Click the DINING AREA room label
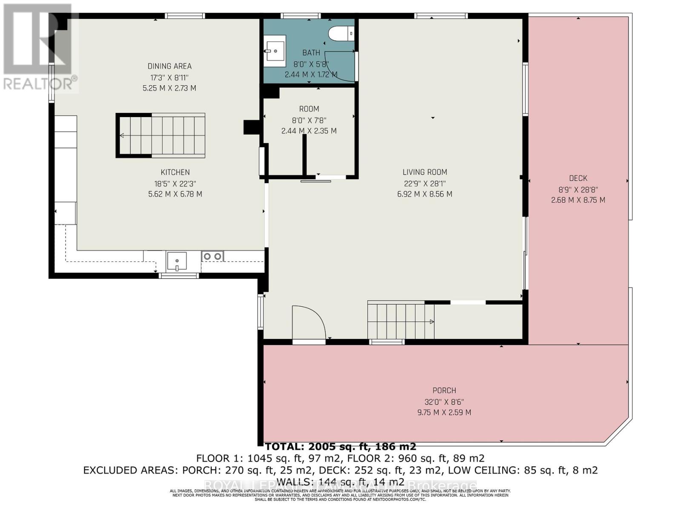coord(169,66)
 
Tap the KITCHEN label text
coord(175,172)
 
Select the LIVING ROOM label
coord(425,172)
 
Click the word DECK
coord(578,178)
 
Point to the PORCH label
coord(444,390)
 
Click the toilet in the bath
coord(343,33)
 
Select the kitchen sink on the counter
coord(177,261)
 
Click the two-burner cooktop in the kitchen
coord(212,256)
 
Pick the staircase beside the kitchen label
coord(161,135)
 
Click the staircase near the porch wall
coord(400,320)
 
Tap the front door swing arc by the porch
coord(309,322)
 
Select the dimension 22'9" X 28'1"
coord(425,184)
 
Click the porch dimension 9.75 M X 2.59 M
coord(444,412)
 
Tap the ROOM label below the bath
coord(309,109)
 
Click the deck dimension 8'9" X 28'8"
coord(578,189)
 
